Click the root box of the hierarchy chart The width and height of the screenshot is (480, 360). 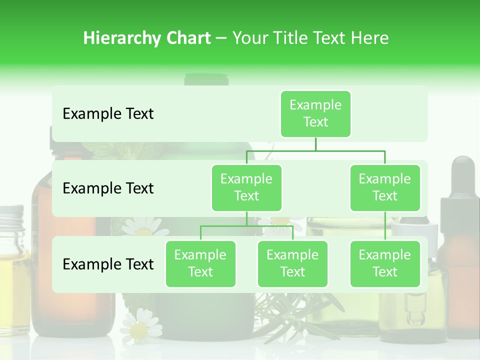(x=315, y=114)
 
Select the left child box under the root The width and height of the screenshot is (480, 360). (x=246, y=188)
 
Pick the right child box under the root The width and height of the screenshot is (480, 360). (x=385, y=188)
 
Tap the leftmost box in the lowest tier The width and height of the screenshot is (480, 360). (x=200, y=264)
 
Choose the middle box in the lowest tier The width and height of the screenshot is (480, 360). (x=292, y=264)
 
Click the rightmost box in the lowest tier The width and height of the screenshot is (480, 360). (x=385, y=264)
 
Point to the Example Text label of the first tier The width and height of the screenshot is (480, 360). (x=108, y=114)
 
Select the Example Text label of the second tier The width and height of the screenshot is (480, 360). (x=108, y=188)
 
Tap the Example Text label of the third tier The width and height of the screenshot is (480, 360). (x=108, y=264)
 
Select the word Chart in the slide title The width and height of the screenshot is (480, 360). (x=187, y=38)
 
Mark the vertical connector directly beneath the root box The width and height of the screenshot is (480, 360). (x=315, y=144)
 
